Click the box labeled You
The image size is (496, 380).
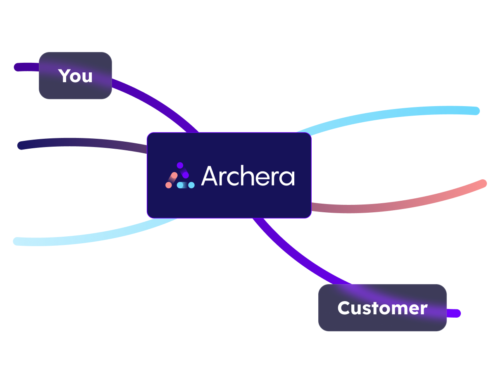click(75, 76)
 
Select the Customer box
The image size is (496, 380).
click(382, 308)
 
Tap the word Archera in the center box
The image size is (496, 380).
click(248, 176)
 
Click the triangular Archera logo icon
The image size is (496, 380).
click(180, 176)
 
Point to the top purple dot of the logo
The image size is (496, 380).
click(180, 165)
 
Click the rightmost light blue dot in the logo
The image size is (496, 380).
click(191, 185)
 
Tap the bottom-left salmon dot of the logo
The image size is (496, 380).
click(169, 185)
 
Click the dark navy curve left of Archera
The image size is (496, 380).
click(82, 142)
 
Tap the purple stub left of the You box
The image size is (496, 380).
click(26, 67)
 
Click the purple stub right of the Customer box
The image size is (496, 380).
click(453, 313)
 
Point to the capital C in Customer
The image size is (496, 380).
click(344, 308)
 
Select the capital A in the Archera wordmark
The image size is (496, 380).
click(209, 176)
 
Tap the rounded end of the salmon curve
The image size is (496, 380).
click(483, 183)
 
